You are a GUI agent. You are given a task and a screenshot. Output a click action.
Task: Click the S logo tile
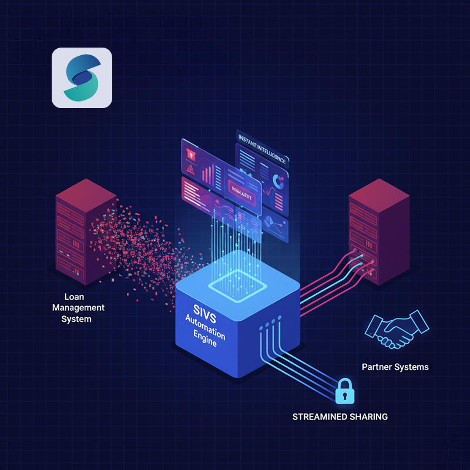tap(82, 78)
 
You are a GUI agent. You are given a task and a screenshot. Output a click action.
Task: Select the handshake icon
tap(397, 330)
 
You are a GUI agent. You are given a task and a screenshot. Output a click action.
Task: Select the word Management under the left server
tap(78, 308)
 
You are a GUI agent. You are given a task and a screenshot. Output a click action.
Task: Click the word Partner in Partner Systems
tap(377, 367)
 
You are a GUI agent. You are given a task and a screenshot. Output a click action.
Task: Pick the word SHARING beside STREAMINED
tap(369, 417)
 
